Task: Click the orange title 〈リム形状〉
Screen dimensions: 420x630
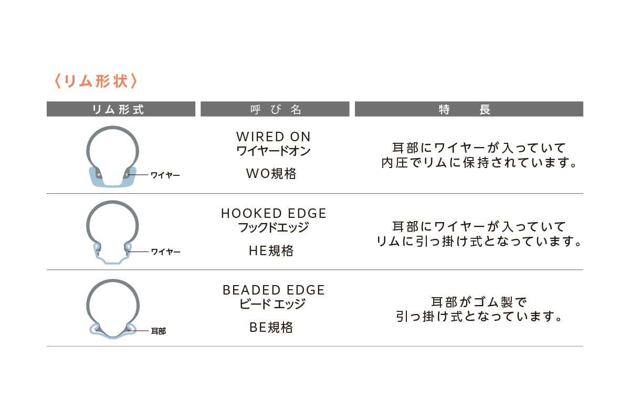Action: (x=96, y=81)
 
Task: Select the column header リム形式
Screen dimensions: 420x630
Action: (x=121, y=109)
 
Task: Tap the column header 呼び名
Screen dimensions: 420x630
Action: (x=275, y=109)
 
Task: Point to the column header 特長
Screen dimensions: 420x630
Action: (x=469, y=109)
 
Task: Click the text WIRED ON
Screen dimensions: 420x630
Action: (x=274, y=136)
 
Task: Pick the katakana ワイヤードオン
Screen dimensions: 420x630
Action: (x=274, y=151)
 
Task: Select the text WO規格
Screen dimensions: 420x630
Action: (x=271, y=174)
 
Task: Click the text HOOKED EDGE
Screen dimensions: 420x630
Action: (x=274, y=214)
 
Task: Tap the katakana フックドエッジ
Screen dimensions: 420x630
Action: (x=274, y=227)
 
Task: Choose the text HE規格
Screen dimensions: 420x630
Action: (x=271, y=251)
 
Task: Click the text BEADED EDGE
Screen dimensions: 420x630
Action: (x=274, y=290)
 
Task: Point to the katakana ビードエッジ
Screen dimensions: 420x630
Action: (x=272, y=304)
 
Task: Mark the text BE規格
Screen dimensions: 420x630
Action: (x=271, y=328)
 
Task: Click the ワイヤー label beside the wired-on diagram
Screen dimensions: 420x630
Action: (x=165, y=175)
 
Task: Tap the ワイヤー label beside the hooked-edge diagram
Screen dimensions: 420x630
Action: (x=165, y=252)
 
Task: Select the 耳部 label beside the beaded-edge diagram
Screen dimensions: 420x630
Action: (x=159, y=331)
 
